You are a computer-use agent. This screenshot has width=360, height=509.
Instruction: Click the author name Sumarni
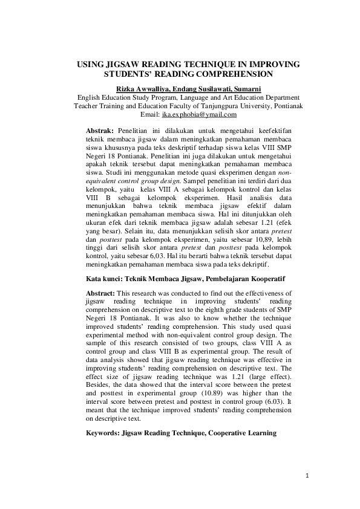point(245,89)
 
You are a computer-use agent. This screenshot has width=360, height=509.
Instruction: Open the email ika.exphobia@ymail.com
point(196,114)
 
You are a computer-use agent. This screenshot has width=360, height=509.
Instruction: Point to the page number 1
point(307,476)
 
